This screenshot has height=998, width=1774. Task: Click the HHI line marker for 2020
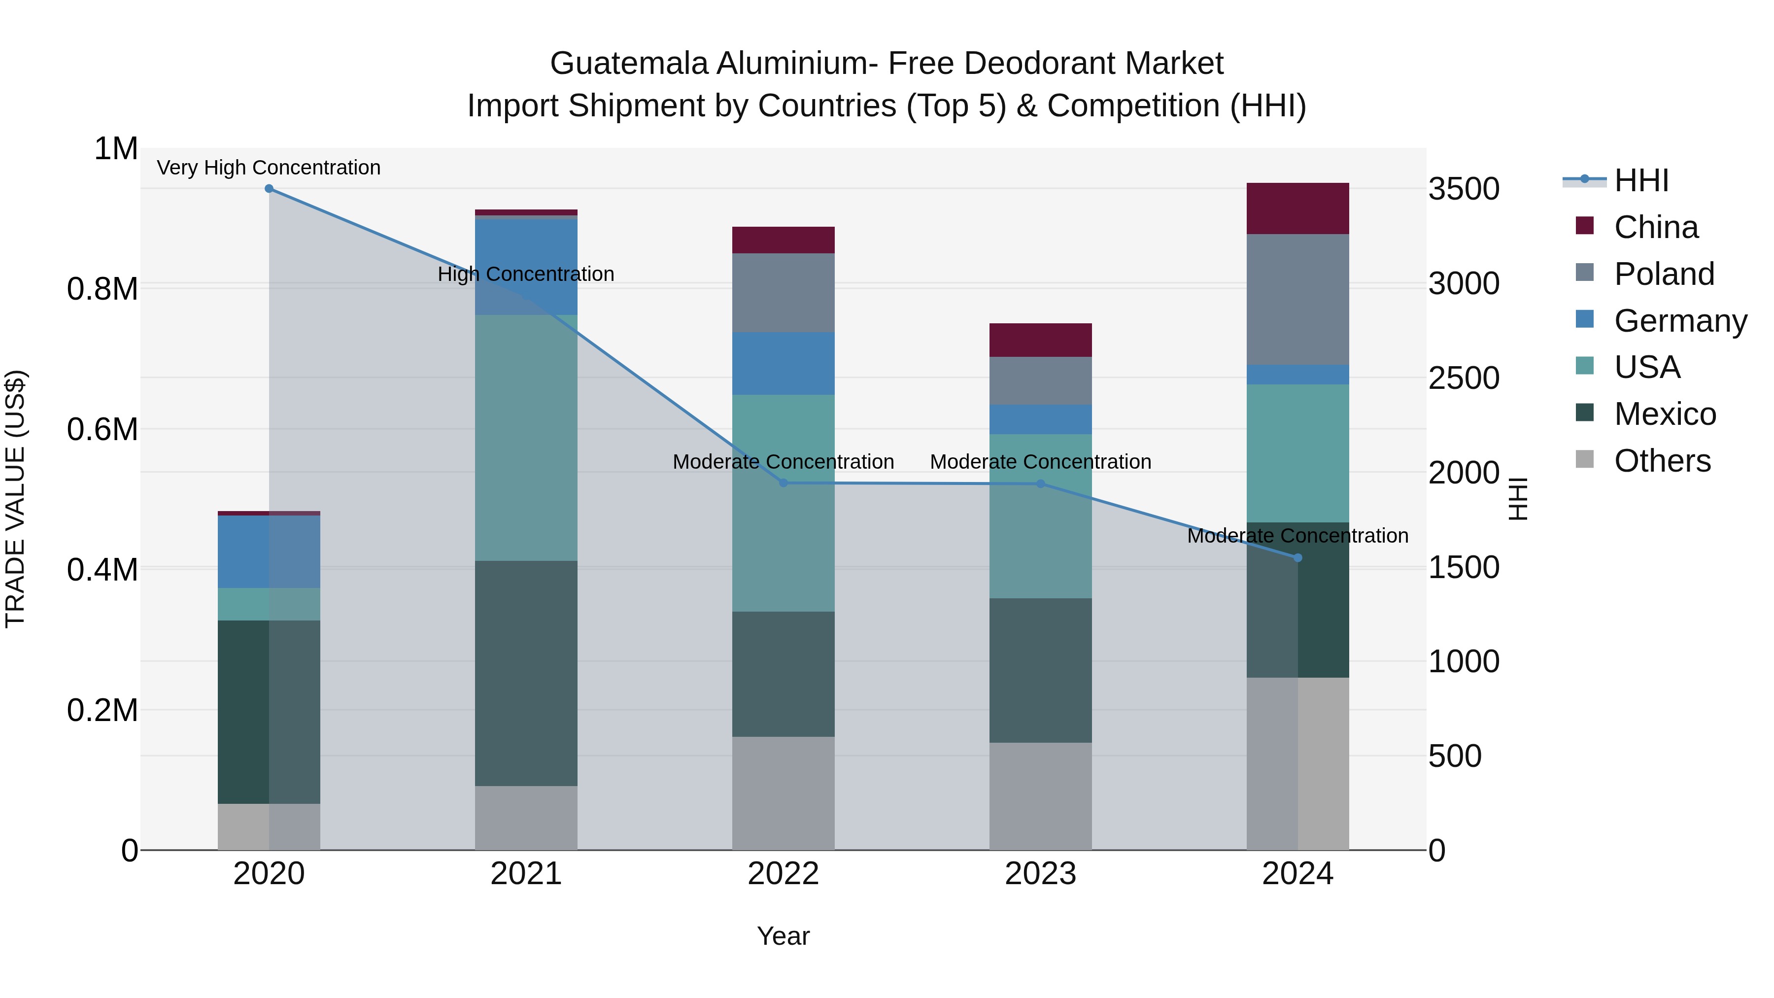pos(269,189)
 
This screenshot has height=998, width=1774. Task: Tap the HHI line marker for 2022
pos(783,483)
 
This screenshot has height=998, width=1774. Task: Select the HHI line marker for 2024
pos(1297,558)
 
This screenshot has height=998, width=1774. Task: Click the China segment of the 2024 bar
pos(1297,208)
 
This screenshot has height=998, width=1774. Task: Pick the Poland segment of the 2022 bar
pos(783,293)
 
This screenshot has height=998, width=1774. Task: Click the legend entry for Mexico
pos(1665,414)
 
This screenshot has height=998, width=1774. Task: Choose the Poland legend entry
pos(1664,274)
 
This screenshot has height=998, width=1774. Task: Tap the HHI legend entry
pos(1641,180)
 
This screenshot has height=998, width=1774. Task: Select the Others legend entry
pos(1662,461)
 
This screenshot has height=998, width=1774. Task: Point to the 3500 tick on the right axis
pos(1464,189)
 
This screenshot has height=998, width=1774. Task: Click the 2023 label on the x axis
pos(1040,874)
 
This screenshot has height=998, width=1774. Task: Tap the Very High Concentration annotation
pos(269,168)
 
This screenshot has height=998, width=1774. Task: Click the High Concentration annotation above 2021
pos(526,274)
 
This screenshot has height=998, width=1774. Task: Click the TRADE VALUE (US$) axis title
pos(16,499)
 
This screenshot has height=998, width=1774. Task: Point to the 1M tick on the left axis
pos(116,149)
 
